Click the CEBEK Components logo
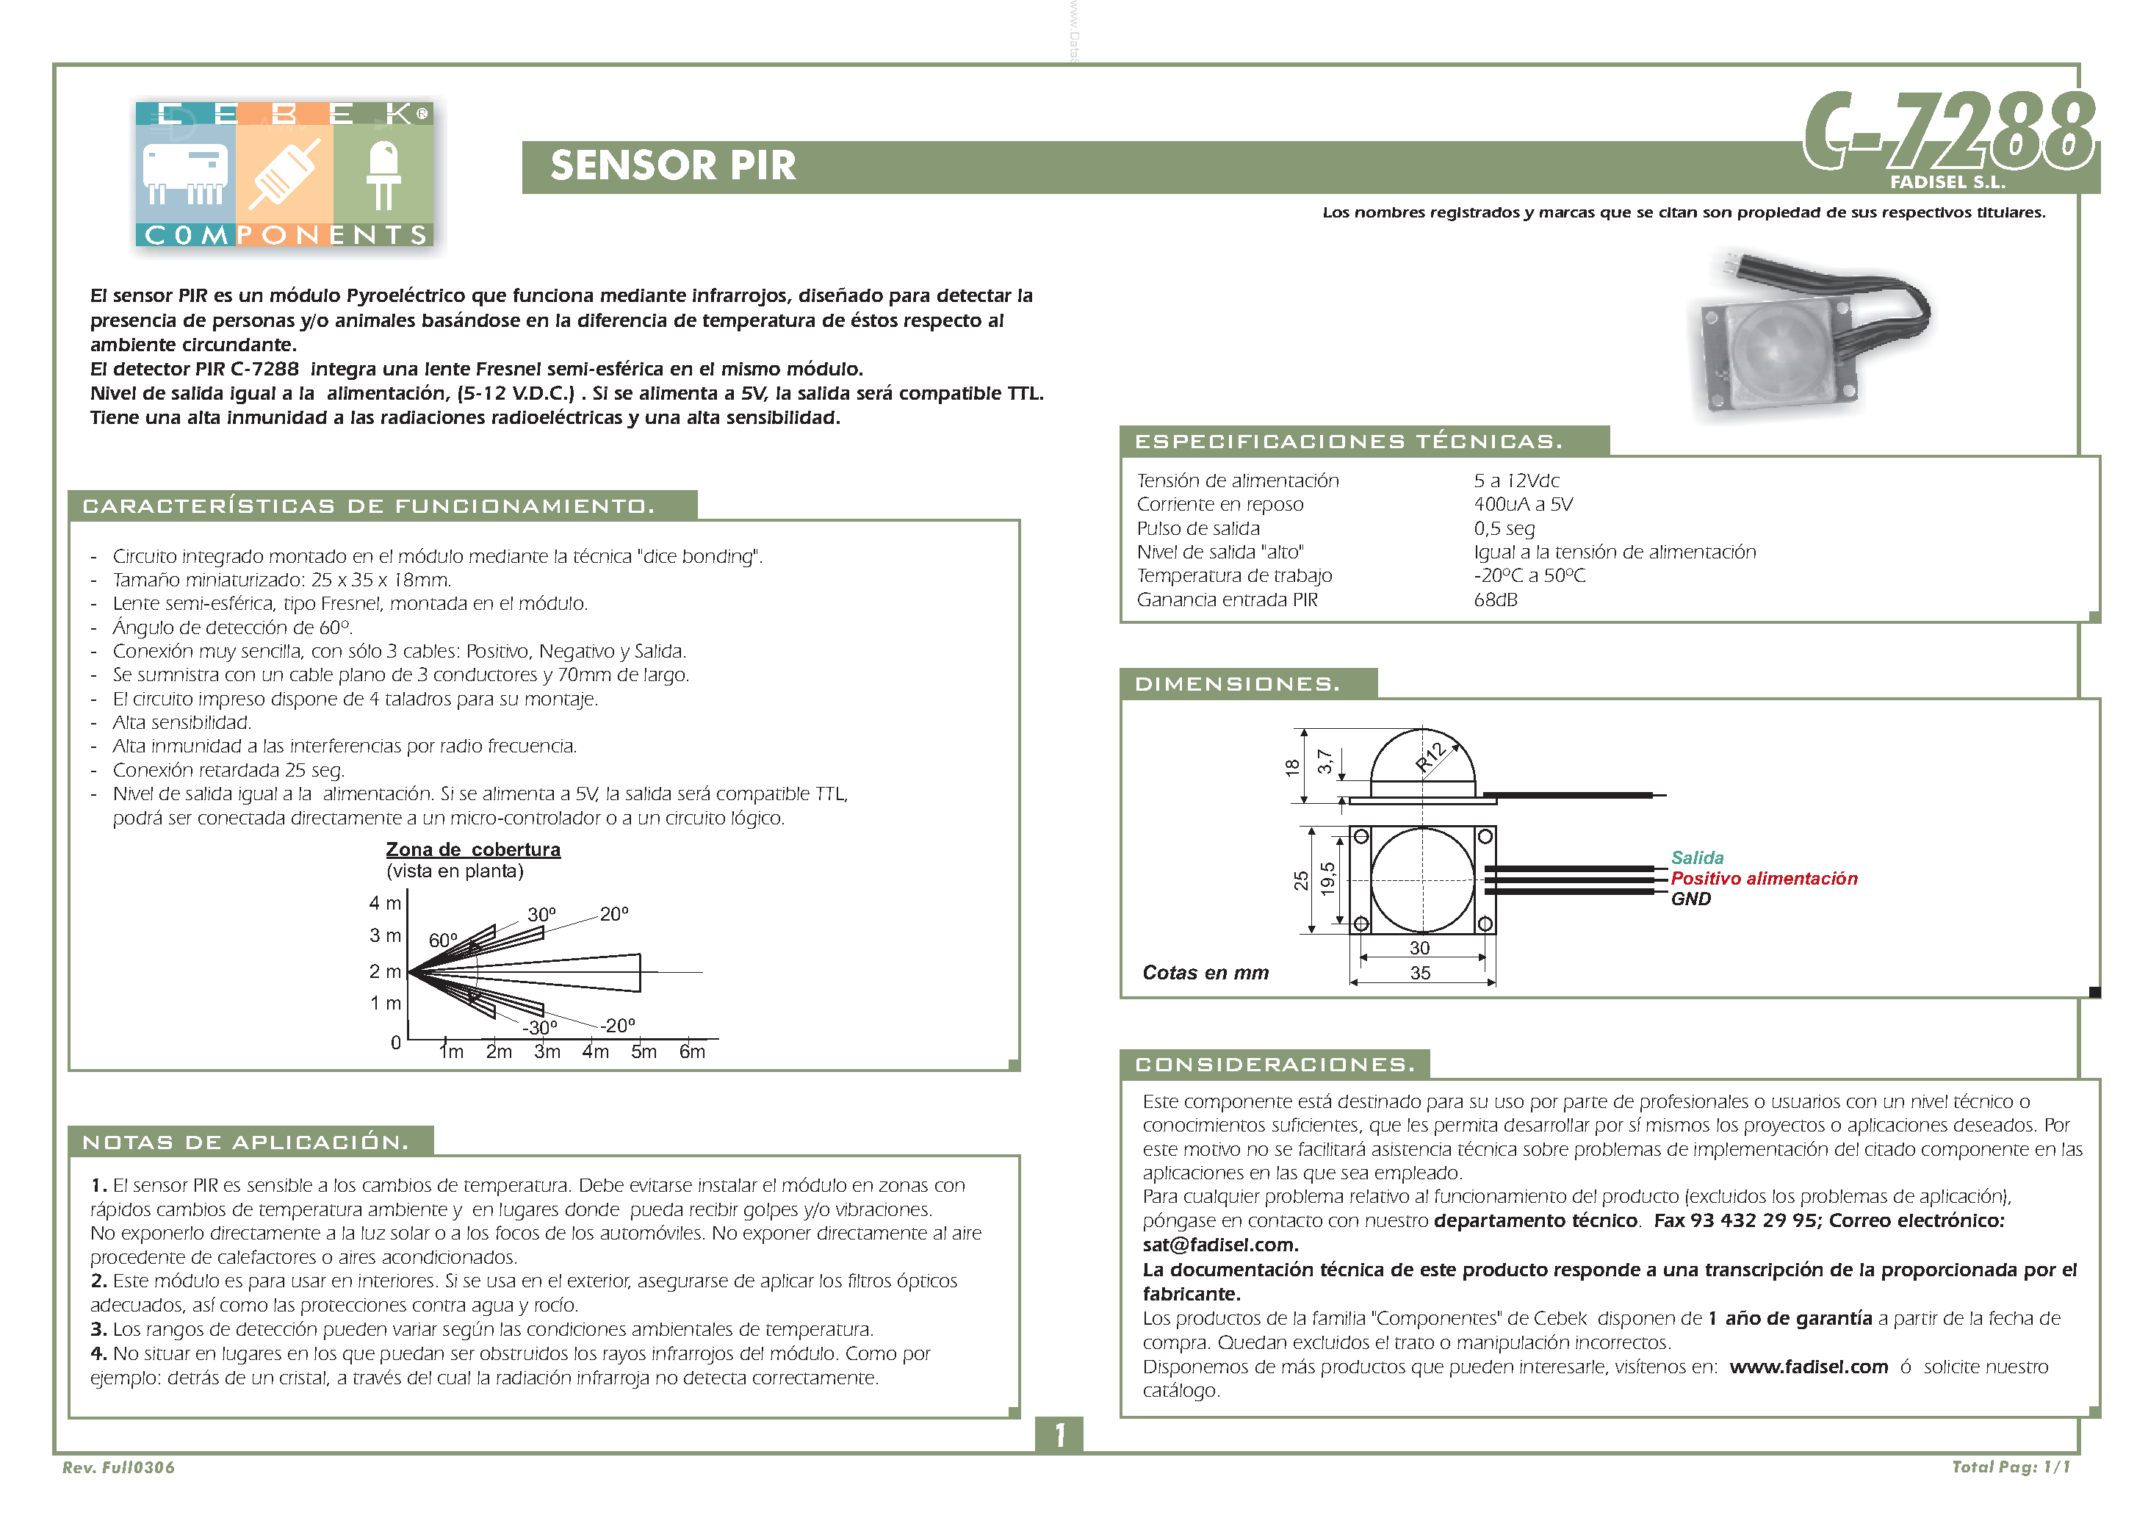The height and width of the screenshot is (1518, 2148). tap(284, 174)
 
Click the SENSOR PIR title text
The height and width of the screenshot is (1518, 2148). tap(673, 165)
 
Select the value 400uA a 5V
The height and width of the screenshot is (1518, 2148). tap(1523, 505)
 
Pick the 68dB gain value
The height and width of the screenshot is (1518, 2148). tap(1495, 600)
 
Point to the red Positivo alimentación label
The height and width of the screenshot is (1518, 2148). tap(1764, 879)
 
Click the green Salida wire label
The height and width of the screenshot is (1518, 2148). tap(1697, 857)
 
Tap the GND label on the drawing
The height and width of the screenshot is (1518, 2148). tap(1690, 899)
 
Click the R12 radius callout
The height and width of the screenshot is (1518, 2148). tap(1430, 756)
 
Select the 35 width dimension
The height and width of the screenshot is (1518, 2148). tap(1420, 974)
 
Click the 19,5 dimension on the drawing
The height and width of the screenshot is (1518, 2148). tap(1327, 879)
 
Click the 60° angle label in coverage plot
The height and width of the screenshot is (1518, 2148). tap(442, 940)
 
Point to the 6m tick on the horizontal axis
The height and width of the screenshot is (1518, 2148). tap(692, 1052)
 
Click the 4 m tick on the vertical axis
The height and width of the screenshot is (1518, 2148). tap(384, 903)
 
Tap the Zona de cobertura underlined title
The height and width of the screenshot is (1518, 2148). tap(473, 850)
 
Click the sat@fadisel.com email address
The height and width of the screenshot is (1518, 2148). tap(1220, 1245)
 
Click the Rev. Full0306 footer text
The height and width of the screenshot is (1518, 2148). tap(119, 1467)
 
